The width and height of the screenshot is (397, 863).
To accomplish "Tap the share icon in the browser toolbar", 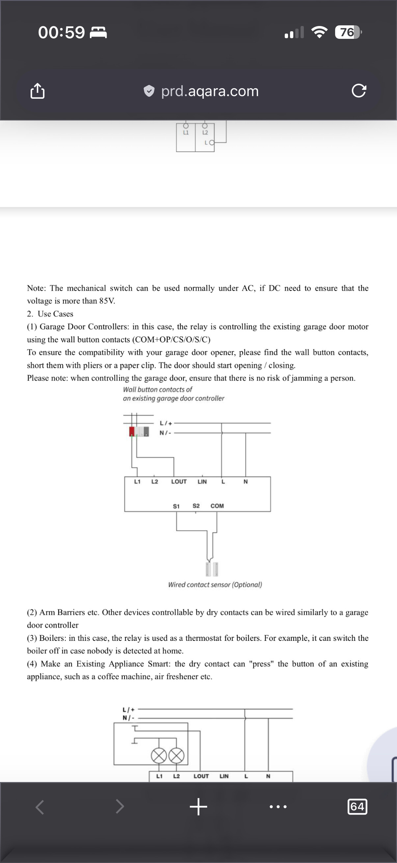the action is point(37,91).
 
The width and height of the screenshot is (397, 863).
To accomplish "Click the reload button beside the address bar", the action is point(359,91).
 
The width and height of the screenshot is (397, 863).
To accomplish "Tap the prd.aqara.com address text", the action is point(210,91).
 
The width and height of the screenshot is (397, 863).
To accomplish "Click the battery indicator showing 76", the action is point(348,32).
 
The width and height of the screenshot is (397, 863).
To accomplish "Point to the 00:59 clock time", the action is point(62,33).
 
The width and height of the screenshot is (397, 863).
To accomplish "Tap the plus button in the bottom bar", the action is point(198,806).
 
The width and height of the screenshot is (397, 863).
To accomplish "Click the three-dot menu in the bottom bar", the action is point(278,807).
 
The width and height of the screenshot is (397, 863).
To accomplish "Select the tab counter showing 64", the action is point(357,806).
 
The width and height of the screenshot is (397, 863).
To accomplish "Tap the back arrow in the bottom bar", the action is point(40,807).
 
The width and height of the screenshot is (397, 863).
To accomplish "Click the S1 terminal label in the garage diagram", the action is point(176,506).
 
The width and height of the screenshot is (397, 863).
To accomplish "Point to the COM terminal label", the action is point(217,506).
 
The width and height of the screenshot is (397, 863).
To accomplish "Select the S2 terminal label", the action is point(196,506).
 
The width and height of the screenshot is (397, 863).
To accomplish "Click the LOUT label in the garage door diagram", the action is point(179,482).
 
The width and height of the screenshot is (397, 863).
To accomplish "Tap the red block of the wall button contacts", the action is point(132,431).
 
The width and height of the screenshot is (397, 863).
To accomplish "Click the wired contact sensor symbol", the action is point(212,569).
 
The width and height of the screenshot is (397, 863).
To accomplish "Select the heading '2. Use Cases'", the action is point(50,314).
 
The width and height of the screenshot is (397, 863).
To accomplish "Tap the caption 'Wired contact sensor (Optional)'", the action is point(215,585).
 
